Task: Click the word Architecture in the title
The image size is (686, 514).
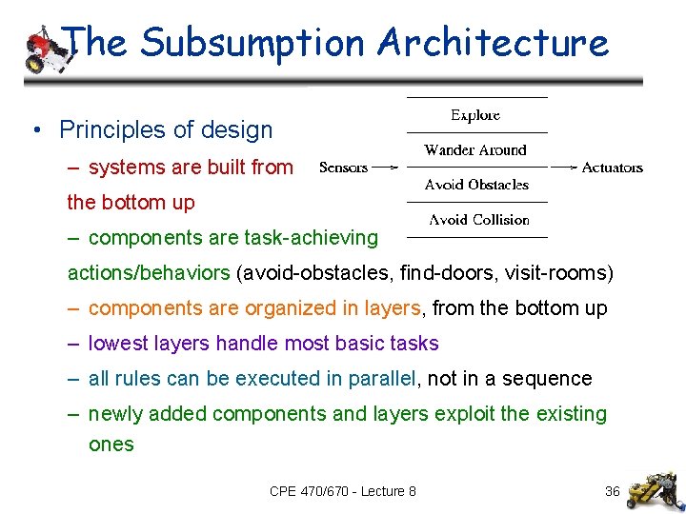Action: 492,43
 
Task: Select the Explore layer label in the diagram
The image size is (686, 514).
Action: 475,115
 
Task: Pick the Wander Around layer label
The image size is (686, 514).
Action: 475,150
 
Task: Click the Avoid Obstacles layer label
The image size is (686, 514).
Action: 476,185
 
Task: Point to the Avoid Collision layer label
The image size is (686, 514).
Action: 478,220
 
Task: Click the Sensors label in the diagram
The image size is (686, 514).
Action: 343,168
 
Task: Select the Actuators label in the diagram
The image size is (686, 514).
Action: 612,168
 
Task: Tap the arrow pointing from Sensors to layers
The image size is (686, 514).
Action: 386,168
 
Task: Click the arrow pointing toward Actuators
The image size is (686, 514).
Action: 564,168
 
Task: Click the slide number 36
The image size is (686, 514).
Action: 613,491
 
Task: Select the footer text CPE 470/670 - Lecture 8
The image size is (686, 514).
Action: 343,491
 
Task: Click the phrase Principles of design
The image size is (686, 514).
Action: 166,129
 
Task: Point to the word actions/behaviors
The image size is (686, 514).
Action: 149,273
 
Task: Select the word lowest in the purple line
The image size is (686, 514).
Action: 117,344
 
